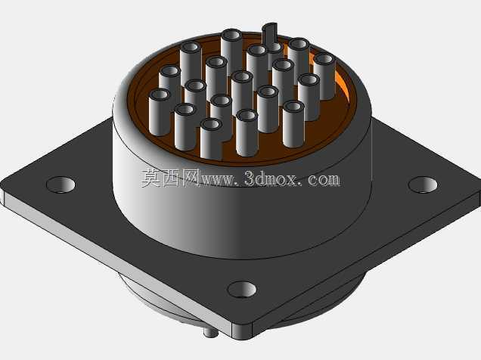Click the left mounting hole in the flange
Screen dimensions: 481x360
tap(61, 185)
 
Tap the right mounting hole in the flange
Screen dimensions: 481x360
tap(423, 185)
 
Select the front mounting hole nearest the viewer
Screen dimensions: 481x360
tap(242, 289)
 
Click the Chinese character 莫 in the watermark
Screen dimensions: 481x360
tap(151, 178)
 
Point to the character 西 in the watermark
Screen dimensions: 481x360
tap(171, 178)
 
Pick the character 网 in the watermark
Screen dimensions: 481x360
tap(191, 178)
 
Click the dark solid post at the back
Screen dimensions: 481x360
tap(270, 34)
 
